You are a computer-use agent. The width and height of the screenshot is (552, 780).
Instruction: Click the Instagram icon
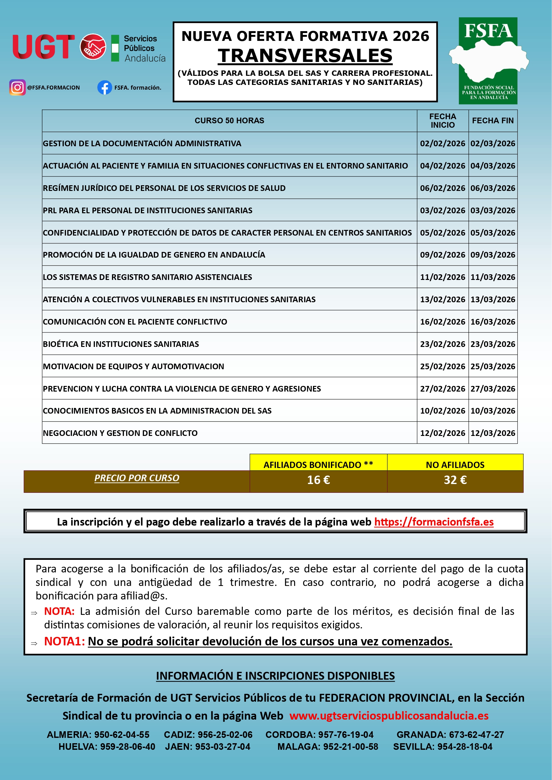click(x=18, y=87)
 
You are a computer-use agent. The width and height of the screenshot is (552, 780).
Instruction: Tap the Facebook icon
click(x=105, y=87)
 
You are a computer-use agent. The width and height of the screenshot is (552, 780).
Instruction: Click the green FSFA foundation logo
click(x=488, y=61)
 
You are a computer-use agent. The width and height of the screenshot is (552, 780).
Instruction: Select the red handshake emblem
click(x=93, y=47)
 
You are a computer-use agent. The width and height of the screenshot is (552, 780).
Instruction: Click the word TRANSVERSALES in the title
click(x=305, y=56)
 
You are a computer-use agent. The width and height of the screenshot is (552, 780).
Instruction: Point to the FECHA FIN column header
click(x=493, y=121)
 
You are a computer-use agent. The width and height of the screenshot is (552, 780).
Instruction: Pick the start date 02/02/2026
click(x=442, y=143)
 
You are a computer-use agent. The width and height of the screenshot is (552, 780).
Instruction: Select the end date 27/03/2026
click(x=493, y=388)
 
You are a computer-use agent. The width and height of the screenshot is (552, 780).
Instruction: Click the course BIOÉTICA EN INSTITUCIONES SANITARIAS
click(x=121, y=344)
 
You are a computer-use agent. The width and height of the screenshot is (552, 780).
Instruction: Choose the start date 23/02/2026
click(x=442, y=344)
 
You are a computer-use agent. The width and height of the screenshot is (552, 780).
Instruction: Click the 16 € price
click(x=318, y=480)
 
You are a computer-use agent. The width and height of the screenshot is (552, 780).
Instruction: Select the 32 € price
click(x=455, y=480)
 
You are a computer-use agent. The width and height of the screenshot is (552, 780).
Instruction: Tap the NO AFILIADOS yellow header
click(x=455, y=465)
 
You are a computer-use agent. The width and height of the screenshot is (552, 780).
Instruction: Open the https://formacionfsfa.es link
click(x=434, y=522)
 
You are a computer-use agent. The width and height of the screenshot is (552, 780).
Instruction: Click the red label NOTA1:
click(x=64, y=641)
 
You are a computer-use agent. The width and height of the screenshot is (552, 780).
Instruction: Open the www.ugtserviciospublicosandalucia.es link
click(x=389, y=716)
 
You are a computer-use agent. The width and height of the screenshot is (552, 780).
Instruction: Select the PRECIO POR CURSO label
click(x=137, y=478)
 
